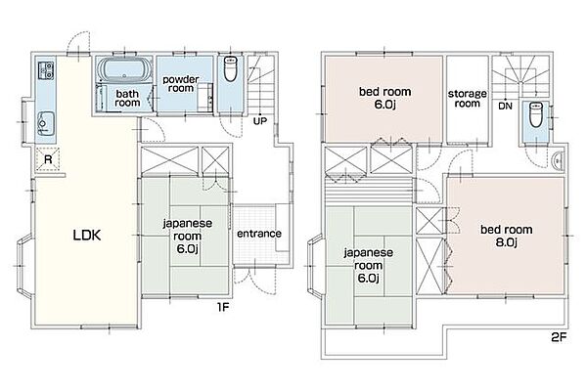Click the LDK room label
(x=86, y=236)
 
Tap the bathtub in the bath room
(x=124, y=69)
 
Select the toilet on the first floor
(x=230, y=68)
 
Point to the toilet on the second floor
(x=535, y=114)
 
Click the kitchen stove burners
(x=46, y=70)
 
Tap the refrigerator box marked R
(x=48, y=159)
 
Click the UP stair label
(x=260, y=121)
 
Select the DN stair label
(x=505, y=107)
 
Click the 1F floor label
(x=223, y=307)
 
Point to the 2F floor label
(x=559, y=338)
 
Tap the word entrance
(x=259, y=234)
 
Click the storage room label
(x=468, y=99)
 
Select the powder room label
(x=181, y=84)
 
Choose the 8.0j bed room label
(x=507, y=236)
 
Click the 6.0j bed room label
(x=384, y=98)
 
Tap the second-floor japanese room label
(x=369, y=265)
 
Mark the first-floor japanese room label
(x=187, y=237)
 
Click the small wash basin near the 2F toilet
(x=558, y=161)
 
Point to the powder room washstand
(x=205, y=98)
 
